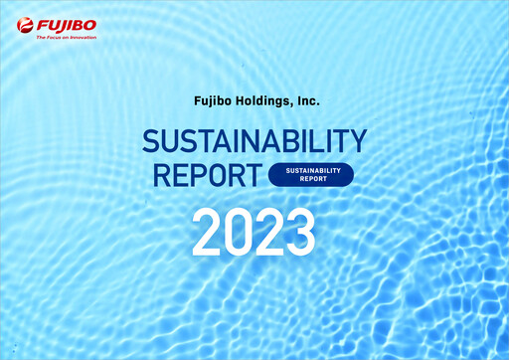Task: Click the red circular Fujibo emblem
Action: pyautogui.click(x=25, y=24)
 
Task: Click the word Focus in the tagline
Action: pyautogui.click(x=55, y=37)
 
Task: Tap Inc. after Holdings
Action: pyautogui.click(x=305, y=100)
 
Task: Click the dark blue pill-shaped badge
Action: pyautogui.click(x=310, y=175)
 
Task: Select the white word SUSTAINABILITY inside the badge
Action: pyautogui.click(x=310, y=170)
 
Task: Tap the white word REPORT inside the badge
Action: pyautogui.click(x=310, y=180)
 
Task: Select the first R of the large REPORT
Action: pyautogui.click(x=159, y=175)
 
